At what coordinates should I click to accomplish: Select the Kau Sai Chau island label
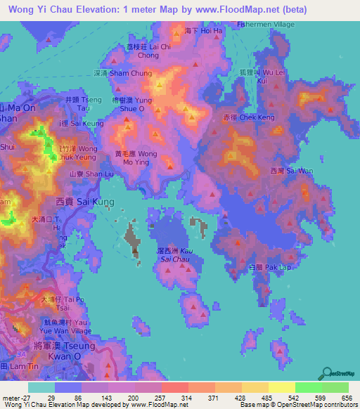click(x=176, y=255)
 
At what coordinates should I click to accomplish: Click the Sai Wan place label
click(x=281, y=171)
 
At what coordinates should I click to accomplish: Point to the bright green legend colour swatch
click(x=309, y=387)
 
